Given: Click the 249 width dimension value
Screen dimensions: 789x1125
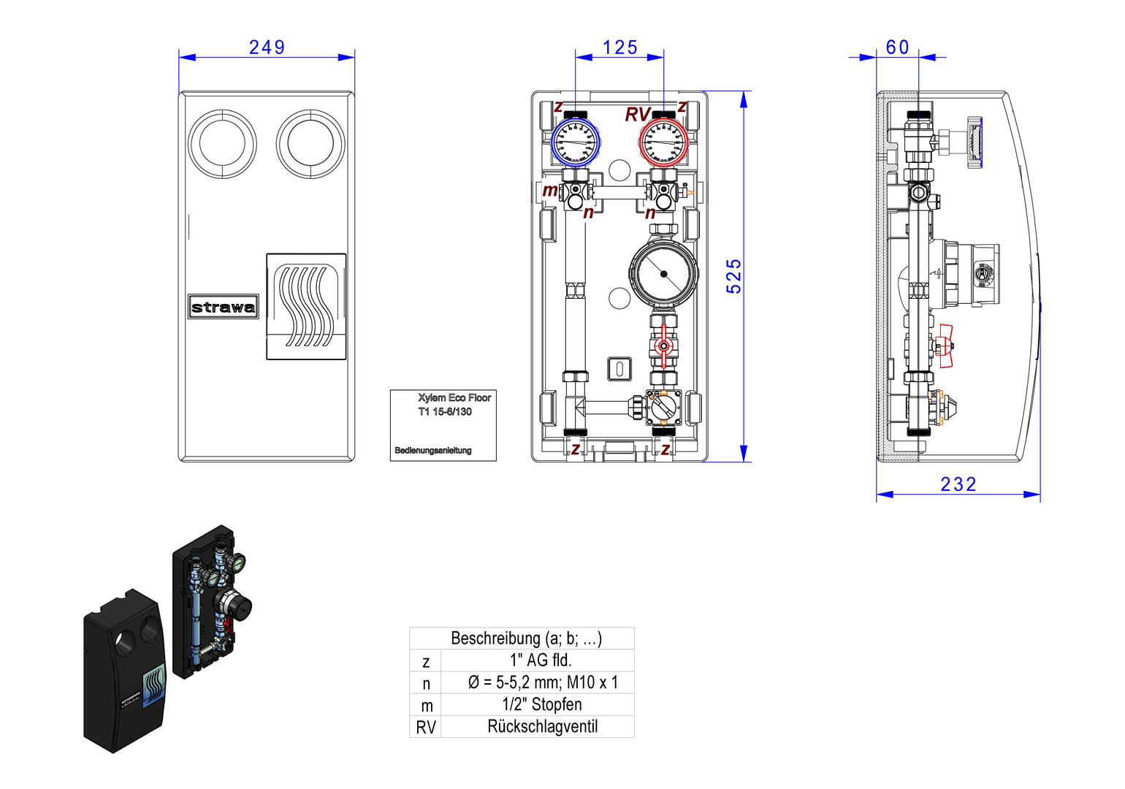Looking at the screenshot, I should (267, 47).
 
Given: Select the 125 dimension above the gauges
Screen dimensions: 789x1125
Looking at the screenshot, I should (619, 47).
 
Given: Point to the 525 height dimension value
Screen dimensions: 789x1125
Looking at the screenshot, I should (733, 276).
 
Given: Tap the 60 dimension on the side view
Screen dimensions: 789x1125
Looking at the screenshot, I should (897, 47).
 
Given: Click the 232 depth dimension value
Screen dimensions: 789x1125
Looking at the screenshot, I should (958, 484).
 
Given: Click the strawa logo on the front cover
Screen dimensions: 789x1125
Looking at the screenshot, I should (223, 307).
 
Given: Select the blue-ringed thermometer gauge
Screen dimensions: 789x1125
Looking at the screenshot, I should (575, 142).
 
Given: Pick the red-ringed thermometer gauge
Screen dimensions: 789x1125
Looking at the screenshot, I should (663, 142).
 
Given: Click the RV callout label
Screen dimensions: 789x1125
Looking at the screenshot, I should (637, 115).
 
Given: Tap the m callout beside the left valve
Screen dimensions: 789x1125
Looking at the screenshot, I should (549, 191).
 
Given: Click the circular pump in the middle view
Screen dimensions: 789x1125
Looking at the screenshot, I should (663, 274).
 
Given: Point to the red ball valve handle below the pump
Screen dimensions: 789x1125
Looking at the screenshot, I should (663, 347).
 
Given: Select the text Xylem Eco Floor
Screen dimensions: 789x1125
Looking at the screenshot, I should (454, 397).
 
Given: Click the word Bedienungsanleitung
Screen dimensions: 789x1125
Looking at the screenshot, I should (432, 451).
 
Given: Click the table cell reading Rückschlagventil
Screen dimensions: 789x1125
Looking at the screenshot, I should (542, 727).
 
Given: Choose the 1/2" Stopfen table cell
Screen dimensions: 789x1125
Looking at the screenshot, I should (542, 705).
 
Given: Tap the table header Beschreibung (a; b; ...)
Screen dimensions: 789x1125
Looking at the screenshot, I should (526, 638).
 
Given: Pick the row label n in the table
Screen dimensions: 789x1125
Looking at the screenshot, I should (426, 684).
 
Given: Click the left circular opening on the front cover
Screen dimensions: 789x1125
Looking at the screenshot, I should (222, 144).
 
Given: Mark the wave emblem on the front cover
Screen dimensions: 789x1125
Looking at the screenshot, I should (306, 306).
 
